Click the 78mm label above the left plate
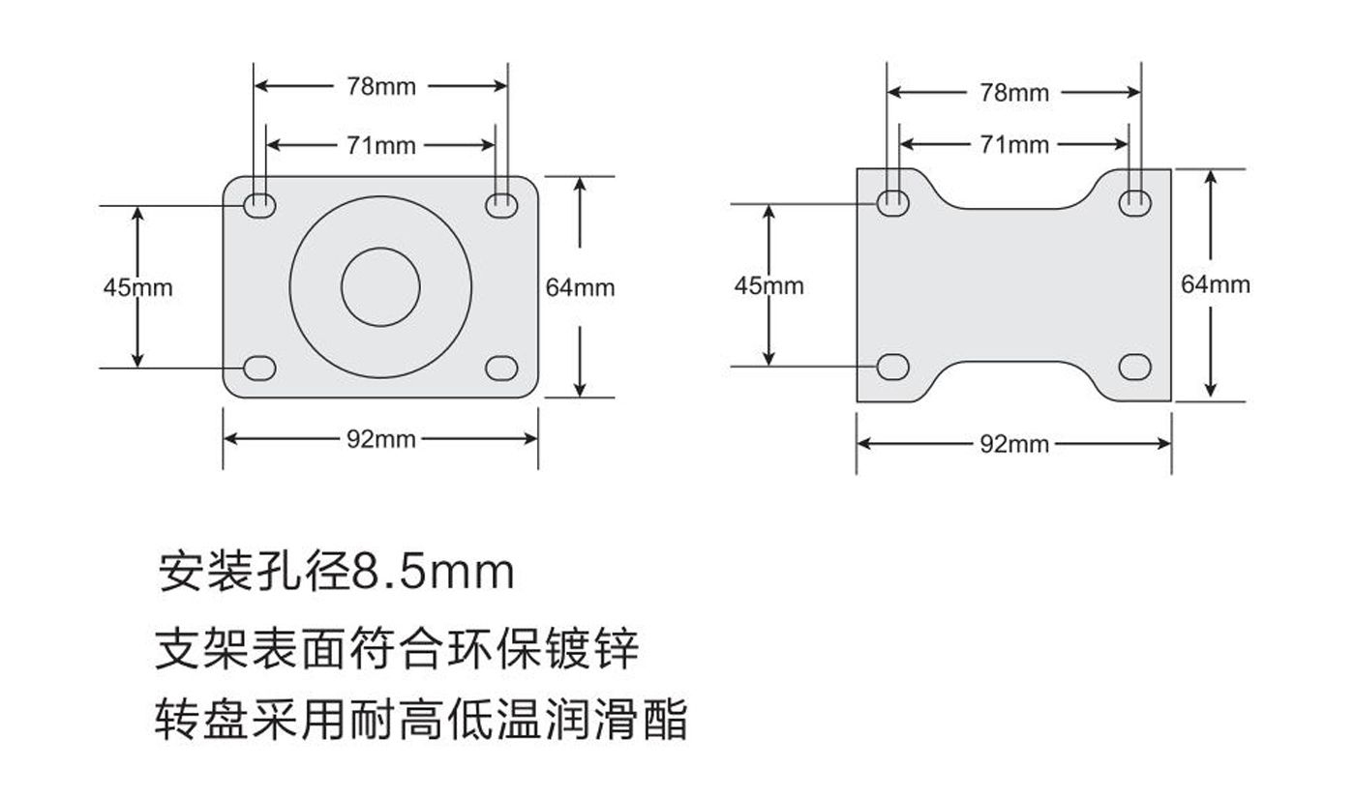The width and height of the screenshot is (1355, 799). tap(381, 86)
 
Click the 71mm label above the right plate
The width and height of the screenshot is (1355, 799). tap(1013, 145)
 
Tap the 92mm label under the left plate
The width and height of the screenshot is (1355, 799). tap(381, 439)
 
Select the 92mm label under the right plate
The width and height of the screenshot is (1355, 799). tap(1013, 444)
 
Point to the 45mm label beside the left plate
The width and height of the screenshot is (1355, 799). tap(137, 287)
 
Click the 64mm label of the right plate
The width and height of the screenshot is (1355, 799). tap(1215, 284)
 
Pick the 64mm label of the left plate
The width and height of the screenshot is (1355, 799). tap(580, 287)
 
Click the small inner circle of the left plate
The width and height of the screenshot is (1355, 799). tap(380, 286)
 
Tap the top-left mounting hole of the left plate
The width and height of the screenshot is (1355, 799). tap(259, 204)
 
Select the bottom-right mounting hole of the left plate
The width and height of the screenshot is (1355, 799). tap(501, 368)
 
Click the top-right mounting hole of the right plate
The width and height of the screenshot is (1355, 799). tap(1134, 202)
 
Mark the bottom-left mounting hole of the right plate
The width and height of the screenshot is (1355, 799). tap(892, 367)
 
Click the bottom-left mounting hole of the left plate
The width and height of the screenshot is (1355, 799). tap(259, 368)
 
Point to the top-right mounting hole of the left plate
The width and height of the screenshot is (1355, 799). tap(501, 203)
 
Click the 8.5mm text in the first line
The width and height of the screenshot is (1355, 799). tap(432, 572)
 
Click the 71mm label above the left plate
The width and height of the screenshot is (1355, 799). tap(381, 146)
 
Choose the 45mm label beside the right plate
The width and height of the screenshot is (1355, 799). tap(768, 285)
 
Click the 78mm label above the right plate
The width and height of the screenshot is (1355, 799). tap(1013, 93)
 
